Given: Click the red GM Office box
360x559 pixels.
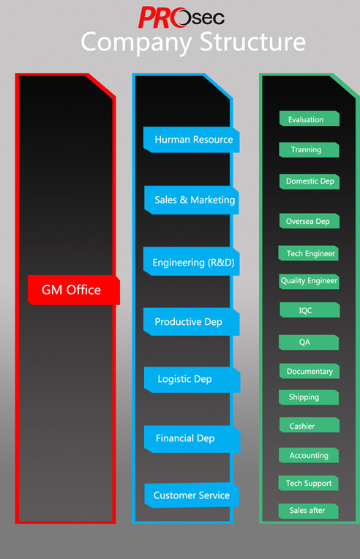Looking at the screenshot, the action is tap(74, 290).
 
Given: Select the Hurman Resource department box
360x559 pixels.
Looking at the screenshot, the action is tap(192, 140).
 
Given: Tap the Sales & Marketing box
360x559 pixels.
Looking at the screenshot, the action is tap(192, 200).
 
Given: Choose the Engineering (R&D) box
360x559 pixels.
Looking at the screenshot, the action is tap(192, 261).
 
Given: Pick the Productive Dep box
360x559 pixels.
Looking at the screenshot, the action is tap(192, 321).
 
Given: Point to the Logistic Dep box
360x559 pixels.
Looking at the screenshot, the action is tap(192, 380).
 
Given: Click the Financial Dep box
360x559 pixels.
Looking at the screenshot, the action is tap(192, 439).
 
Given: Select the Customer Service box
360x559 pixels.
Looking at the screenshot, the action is tap(192, 495).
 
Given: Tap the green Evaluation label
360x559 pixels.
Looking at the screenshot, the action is tap(310, 119).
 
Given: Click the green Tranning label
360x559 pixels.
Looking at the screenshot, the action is tap(309, 150).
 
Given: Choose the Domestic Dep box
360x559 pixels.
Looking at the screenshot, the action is tap(310, 181).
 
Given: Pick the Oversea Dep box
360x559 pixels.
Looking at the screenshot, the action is tap(310, 221).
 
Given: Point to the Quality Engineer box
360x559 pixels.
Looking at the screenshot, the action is tap(309, 281).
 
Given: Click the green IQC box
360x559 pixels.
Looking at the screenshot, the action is tap(310, 309).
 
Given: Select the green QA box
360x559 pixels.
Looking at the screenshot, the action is tap(309, 342).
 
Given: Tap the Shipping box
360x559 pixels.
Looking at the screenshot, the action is tap(309, 397).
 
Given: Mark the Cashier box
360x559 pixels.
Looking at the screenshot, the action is tap(310, 425).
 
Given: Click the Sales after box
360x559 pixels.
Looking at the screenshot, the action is tap(308, 511).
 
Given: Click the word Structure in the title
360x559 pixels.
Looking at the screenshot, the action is tap(252, 42).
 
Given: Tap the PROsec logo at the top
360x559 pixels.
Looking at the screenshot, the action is tap(181, 17).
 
